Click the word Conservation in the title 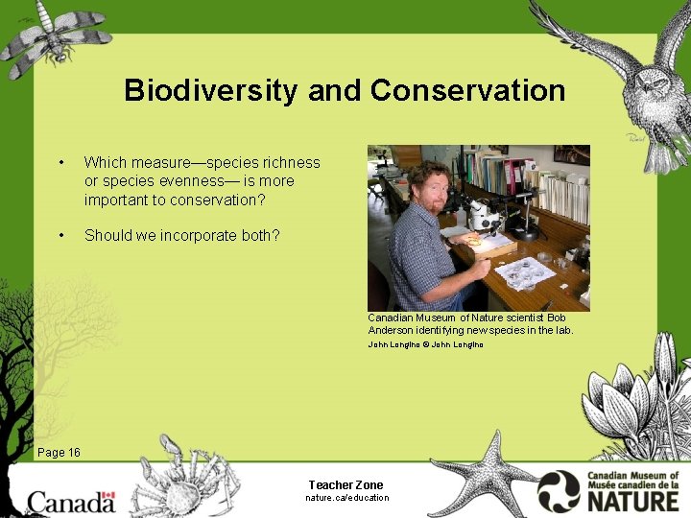pos(467,91)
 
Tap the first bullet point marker pos(61,163)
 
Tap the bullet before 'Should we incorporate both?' pos(61,236)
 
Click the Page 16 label pos(59,453)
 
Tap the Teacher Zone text pos(345,485)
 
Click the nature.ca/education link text pos(346,498)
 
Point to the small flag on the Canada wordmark pos(107,497)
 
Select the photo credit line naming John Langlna pos(425,344)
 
